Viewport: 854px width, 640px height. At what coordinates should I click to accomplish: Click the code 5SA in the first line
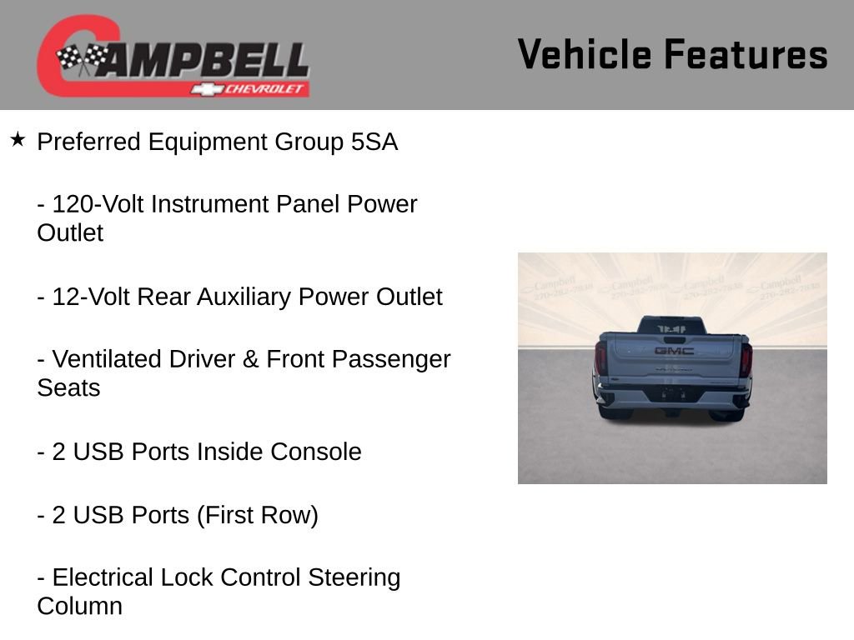pos(374,142)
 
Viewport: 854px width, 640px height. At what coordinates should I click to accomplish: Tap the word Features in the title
pos(746,54)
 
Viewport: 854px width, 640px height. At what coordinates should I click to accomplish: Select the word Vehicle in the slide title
pos(584,54)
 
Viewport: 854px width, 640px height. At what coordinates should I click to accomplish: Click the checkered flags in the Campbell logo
pos(83,58)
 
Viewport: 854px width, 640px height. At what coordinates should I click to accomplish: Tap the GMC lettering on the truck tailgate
pos(674,351)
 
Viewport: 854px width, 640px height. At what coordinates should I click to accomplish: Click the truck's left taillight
pos(600,358)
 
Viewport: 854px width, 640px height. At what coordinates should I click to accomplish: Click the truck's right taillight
pos(746,358)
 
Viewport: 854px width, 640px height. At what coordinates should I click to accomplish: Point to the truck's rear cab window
pos(672,327)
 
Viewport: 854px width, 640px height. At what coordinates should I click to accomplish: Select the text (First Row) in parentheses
pos(258,515)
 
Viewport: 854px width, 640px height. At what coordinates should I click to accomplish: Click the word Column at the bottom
pos(79,606)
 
